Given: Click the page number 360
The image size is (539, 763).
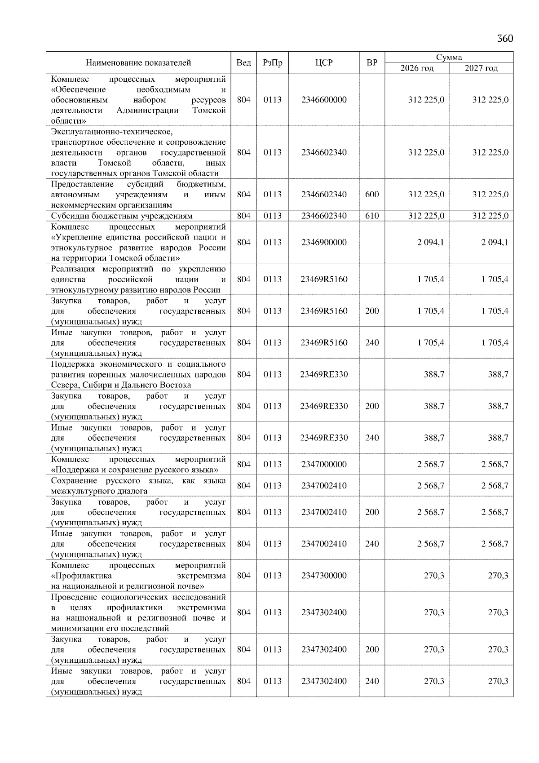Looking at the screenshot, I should pyautogui.click(x=504, y=39).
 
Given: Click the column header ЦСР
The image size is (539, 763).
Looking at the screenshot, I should pyautogui.click(x=324, y=63).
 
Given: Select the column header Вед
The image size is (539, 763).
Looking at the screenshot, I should pyautogui.click(x=243, y=63).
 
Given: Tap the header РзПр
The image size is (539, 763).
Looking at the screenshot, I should pyautogui.click(x=272, y=63).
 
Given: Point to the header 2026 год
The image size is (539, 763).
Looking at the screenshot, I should pyautogui.click(x=417, y=68).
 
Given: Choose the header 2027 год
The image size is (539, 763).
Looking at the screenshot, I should pyautogui.click(x=481, y=68).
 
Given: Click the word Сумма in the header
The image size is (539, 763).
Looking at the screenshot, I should pyautogui.click(x=449, y=57).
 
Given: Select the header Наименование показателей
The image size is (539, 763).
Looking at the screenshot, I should pyautogui.click(x=138, y=63).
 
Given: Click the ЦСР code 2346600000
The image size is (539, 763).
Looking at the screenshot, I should pyautogui.click(x=324, y=100).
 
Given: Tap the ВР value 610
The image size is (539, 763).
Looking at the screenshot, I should pyautogui.click(x=372, y=216).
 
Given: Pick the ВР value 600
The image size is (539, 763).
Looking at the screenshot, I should pyautogui.click(x=372, y=195).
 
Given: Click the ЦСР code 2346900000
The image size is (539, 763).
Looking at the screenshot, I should pyautogui.click(x=324, y=242).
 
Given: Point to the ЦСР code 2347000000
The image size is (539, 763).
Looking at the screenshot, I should pyautogui.click(x=324, y=464).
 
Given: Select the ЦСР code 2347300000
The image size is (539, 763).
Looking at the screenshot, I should pyautogui.click(x=324, y=576).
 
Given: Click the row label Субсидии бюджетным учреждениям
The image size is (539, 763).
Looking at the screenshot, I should pyautogui.click(x=122, y=216).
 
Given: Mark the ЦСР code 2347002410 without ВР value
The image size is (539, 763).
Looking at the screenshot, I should pyautogui.click(x=324, y=485).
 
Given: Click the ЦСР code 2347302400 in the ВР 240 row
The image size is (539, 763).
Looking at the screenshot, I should pyautogui.click(x=324, y=681).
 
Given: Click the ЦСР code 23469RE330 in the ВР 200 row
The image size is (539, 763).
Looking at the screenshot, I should pyautogui.click(x=324, y=406).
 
